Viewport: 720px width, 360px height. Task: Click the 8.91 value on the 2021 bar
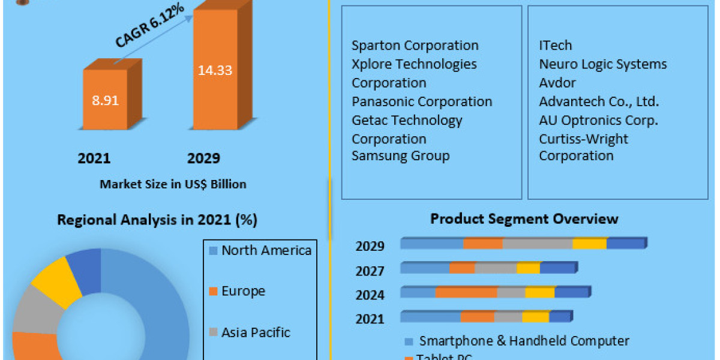click(105, 100)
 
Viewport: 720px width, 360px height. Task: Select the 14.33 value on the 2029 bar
click(215, 70)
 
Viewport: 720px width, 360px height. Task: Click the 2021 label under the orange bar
click(94, 158)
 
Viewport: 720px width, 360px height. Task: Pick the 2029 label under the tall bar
click(203, 158)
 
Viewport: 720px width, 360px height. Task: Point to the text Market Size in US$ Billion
click(173, 184)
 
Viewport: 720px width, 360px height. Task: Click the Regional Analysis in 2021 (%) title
click(157, 220)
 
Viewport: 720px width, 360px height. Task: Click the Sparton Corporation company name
click(415, 46)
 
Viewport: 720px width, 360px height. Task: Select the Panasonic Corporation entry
click(422, 101)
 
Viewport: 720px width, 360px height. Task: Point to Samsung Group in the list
click(400, 156)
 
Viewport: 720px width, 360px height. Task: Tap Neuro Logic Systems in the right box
click(602, 64)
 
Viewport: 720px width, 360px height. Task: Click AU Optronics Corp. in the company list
click(598, 120)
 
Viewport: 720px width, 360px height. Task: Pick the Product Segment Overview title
click(524, 219)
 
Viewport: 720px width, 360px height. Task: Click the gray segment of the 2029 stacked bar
click(537, 244)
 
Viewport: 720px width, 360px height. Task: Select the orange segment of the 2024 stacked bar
click(466, 292)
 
